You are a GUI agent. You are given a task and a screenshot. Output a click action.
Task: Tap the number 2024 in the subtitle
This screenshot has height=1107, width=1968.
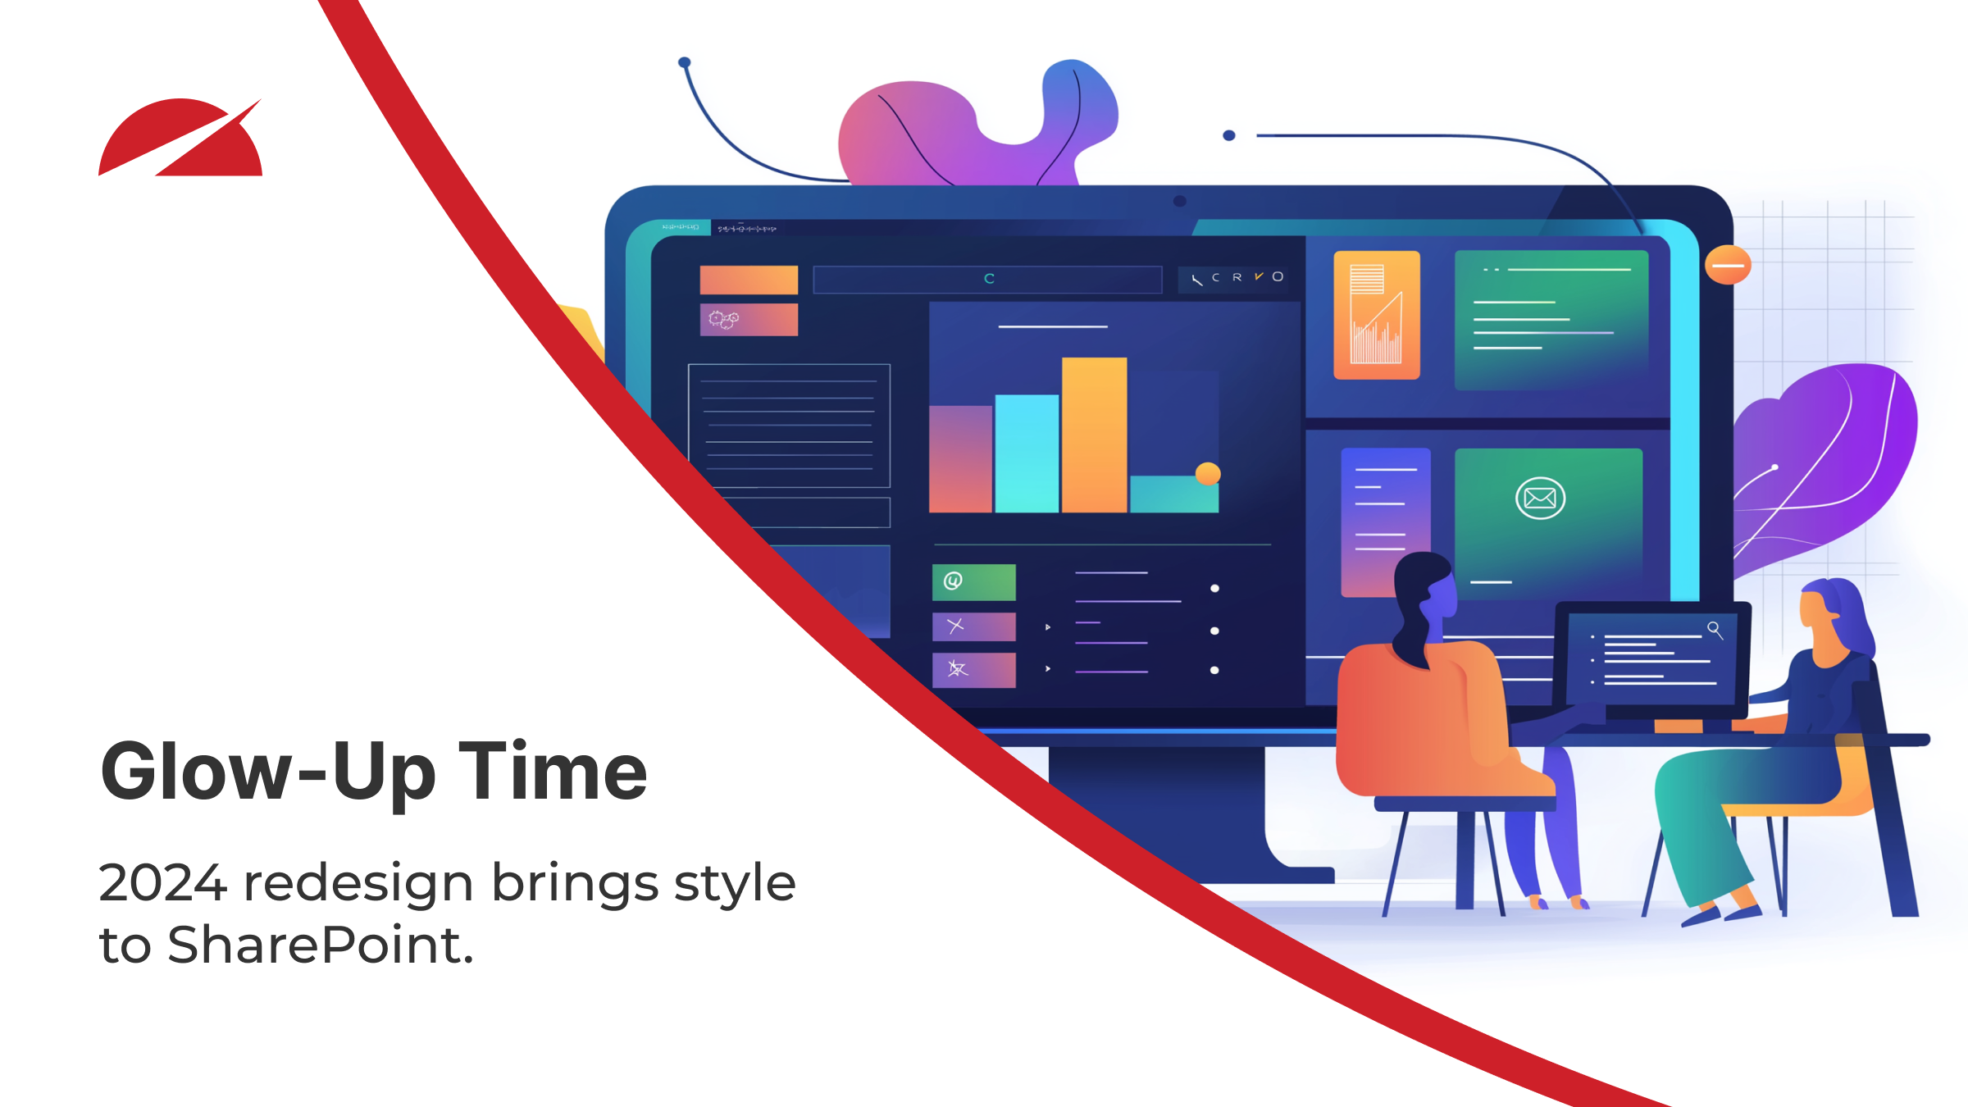[x=162, y=882]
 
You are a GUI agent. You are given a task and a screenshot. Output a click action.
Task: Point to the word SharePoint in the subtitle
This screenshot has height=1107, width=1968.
[x=321, y=945]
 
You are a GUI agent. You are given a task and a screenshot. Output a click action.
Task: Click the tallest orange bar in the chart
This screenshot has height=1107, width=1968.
[x=1094, y=435]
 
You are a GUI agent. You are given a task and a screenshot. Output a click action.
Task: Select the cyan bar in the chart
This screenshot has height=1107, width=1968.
[x=1027, y=453]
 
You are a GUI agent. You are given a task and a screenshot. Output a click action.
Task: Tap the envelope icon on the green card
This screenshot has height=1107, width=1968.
[x=1540, y=498]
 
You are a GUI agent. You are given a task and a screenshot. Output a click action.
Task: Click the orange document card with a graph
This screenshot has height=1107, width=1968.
[x=1377, y=315]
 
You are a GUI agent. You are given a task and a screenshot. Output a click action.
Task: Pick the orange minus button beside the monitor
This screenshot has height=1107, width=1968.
[x=1728, y=265]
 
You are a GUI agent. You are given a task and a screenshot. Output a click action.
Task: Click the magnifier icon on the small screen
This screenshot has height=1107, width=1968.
[x=1715, y=630]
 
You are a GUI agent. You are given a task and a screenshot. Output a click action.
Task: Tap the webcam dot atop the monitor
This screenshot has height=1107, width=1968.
[x=1180, y=201]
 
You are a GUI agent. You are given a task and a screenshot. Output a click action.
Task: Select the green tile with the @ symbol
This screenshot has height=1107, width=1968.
[x=974, y=582]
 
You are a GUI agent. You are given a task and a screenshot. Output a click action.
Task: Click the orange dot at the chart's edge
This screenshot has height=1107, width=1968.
[x=1208, y=474]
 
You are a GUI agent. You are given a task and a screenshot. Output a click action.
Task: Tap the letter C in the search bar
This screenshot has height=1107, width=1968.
[x=989, y=279]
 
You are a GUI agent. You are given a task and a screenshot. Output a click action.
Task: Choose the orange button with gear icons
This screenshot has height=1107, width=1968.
[x=749, y=320]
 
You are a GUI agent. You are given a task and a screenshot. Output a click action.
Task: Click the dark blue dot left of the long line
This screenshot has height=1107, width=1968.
[x=1228, y=135]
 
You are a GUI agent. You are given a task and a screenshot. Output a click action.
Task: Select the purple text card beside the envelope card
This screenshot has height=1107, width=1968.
[x=1386, y=522]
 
